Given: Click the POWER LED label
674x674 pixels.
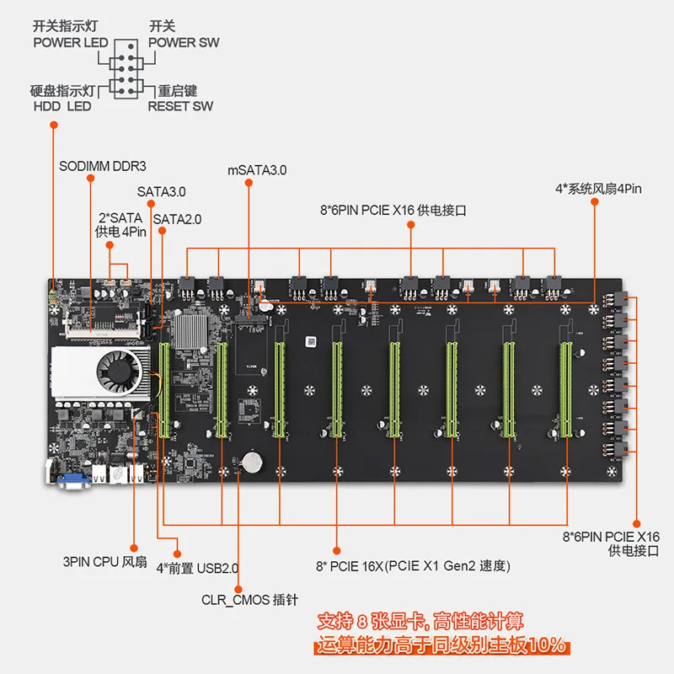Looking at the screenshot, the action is coord(71,43).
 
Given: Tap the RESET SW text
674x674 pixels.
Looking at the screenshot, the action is coord(180,106).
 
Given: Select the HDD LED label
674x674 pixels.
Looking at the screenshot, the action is coord(62,106).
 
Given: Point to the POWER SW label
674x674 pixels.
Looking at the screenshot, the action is coord(184,43).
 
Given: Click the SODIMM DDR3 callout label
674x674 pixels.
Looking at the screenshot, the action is coord(102,166).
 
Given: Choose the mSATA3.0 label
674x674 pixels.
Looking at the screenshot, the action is coord(257,170).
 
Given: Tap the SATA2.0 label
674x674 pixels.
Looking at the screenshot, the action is coord(177,219).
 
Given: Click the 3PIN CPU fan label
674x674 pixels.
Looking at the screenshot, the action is coord(104,562).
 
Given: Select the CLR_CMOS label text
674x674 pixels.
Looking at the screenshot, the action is coord(249,600).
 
